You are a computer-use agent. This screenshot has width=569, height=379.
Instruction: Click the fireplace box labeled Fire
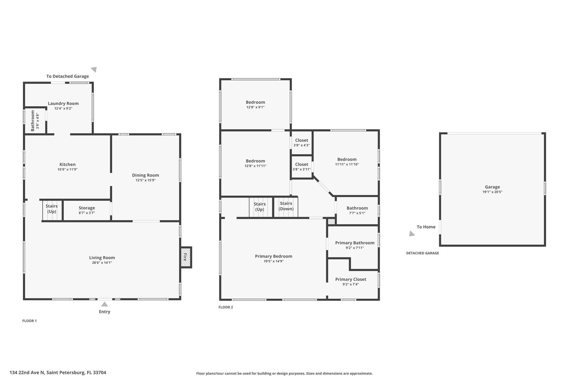[x=186, y=257]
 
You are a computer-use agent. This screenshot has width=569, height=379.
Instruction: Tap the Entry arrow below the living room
[x=105, y=304]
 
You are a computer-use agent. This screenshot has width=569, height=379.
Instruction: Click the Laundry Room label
[x=63, y=103]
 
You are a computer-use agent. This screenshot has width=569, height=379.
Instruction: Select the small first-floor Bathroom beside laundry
[x=34, y=121]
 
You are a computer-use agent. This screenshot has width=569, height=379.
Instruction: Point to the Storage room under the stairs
[x=87, y=210]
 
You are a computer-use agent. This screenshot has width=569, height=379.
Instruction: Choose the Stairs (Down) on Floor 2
[x=286, y=206]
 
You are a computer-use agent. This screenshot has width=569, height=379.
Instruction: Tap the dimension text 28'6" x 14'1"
[x=102, y=263]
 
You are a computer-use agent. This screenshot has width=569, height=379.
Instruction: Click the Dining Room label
[x=145, y=175]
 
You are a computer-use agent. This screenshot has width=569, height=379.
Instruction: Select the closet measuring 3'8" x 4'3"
[x=302, y=143]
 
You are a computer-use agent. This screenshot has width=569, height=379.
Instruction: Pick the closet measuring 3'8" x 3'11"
[x=302, y=166]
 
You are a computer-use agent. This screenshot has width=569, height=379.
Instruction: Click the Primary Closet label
[x=351, y=279]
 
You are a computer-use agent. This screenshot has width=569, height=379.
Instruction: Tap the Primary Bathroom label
[x=355, y=243]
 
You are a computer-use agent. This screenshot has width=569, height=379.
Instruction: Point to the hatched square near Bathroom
[x=331, y=221]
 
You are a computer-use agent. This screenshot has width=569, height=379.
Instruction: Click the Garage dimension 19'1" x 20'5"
[x=492, y=192]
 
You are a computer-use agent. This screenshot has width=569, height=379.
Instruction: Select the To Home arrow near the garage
[x=412, y=234]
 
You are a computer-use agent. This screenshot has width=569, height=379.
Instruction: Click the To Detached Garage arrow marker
[x=94, y=69]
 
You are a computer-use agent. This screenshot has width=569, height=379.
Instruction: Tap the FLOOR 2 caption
[x=226, y=307]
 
